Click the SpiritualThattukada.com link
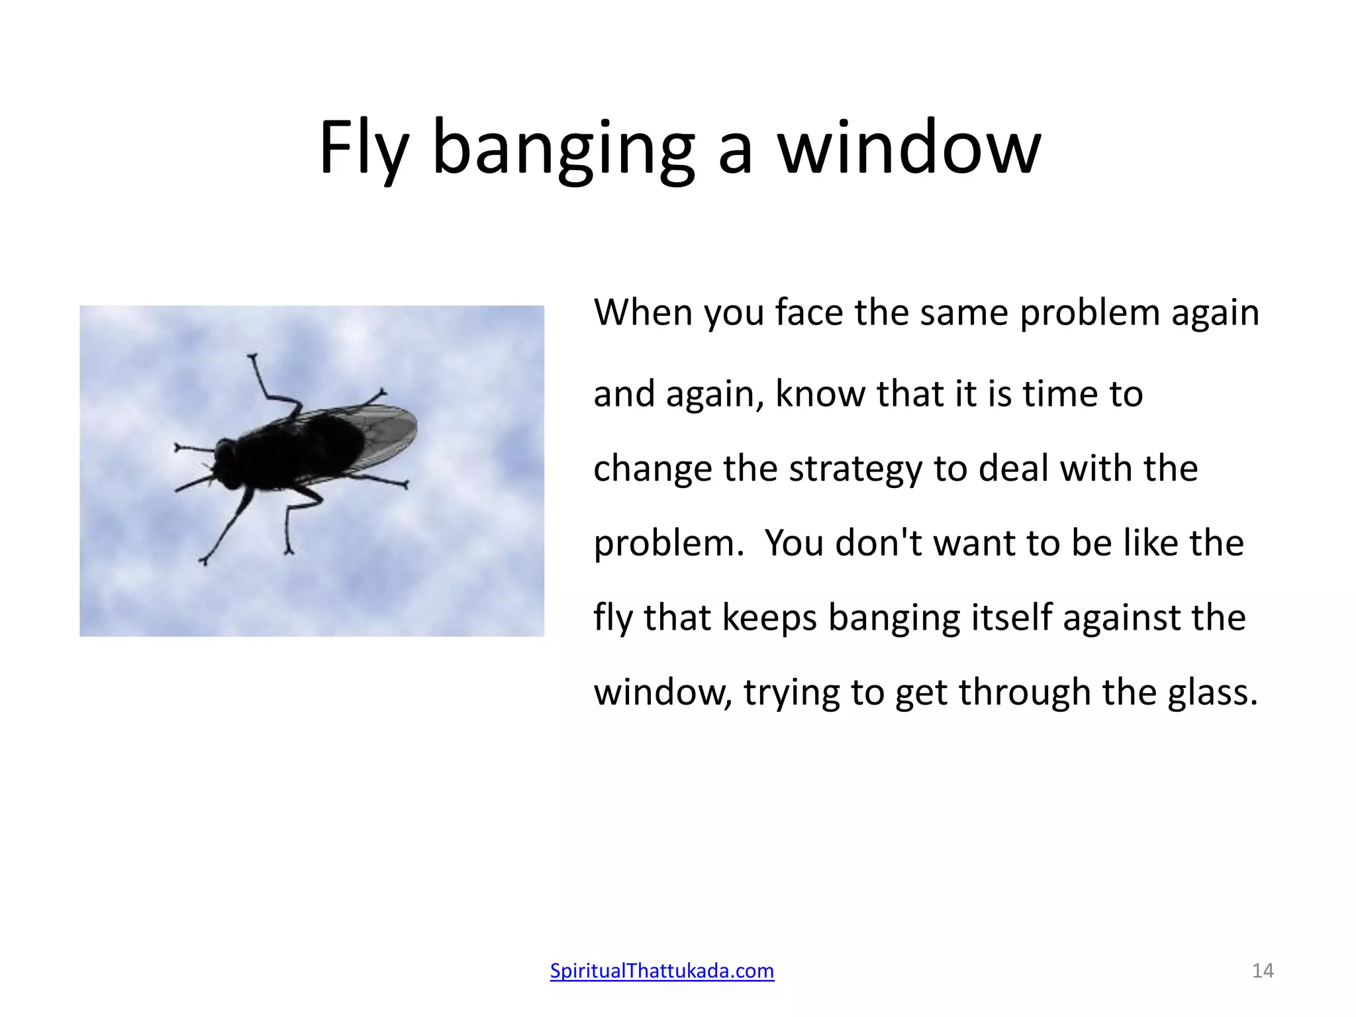pos(661,971)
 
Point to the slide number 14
pos(1263,971)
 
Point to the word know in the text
pos(820,394)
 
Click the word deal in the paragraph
pos(1013,469)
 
